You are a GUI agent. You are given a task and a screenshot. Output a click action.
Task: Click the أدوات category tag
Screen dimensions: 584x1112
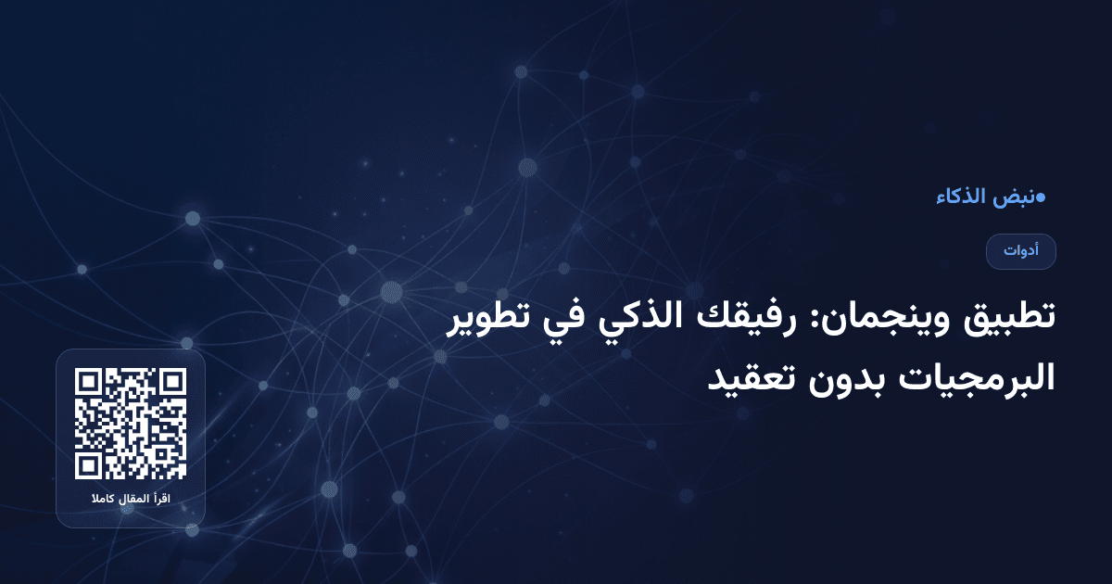point(1021,251)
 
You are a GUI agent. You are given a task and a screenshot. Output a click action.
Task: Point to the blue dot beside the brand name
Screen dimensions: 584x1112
point(1041,197)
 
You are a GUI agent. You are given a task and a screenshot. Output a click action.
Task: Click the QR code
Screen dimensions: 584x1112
point(131,424)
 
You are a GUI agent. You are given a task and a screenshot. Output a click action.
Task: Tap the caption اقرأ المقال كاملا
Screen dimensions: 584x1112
point(131,500)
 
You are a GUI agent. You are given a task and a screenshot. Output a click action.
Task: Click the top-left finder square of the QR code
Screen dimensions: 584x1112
point(88,381)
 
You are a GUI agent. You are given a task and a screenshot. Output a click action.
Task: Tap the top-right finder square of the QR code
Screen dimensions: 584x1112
point(173,381)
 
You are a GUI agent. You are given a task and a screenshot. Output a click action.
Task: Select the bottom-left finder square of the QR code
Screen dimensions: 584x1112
point(88,466)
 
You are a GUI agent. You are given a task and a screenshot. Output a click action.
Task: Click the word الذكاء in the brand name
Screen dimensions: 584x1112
point(960,197)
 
